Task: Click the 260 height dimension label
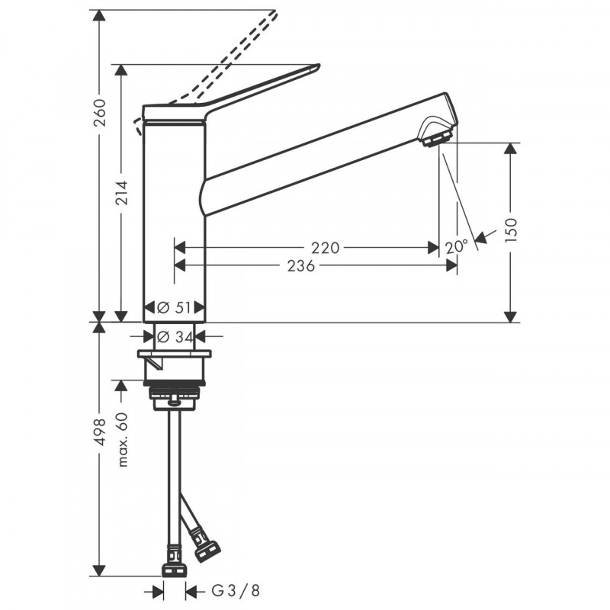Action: (x=101, y=113)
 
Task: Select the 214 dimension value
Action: (x=122, y=194)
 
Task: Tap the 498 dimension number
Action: (x=101, y=432)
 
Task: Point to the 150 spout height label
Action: (x=511, y=230)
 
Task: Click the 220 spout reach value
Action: (x=326, y=247)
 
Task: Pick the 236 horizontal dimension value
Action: (x=300, y=266)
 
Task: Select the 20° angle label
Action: (x=456, y=246)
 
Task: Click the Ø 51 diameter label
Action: (x=174, y=307)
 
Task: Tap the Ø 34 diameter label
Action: (x=175, y=336)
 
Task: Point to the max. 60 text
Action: (x=122, y=439)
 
